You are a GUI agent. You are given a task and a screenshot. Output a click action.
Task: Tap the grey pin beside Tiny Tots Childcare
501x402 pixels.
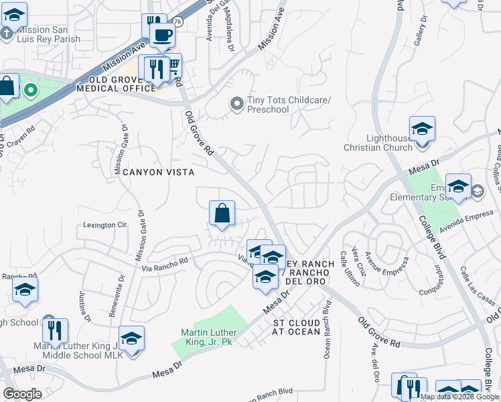(x=236, y=103)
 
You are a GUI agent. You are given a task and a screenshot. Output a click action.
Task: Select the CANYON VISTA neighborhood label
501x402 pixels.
(x=158, y=172)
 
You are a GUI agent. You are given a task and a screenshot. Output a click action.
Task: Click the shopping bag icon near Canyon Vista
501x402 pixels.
(x=222, y=214)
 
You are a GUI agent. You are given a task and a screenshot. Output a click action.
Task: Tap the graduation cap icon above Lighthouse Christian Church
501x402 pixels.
(x=422, y=129)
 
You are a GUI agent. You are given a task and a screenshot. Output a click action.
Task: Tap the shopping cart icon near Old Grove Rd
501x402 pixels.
(x=173, y=66)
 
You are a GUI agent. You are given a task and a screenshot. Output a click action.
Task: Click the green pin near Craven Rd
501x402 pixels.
(x=30, y=88)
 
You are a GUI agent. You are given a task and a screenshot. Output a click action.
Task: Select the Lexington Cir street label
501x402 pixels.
(x=104, y=225)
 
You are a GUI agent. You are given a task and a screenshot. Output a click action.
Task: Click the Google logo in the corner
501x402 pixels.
(x=23, y=393)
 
